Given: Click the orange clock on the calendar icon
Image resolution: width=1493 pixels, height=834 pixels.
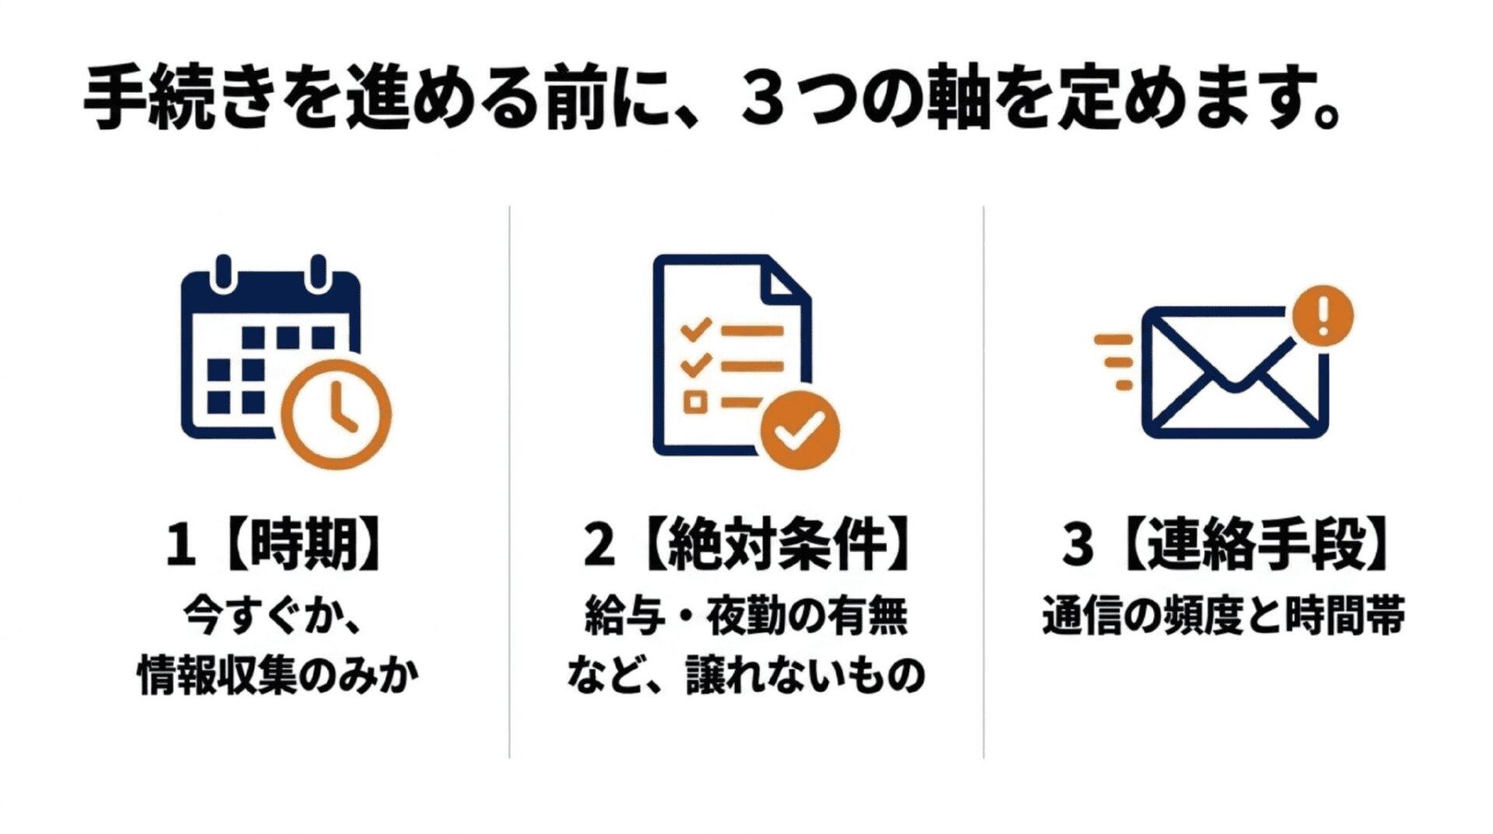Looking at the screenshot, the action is point(336,414).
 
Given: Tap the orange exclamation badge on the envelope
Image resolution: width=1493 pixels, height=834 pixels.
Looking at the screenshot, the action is point(1322,316).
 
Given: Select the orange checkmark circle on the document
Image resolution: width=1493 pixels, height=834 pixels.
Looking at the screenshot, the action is point(799,429).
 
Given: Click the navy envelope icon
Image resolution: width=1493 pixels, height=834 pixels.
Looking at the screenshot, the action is point(1235,372).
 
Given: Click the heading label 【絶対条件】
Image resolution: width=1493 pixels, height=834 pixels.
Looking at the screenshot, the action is point(778,544).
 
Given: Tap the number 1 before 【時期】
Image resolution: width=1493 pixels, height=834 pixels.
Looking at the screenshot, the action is point(180,545).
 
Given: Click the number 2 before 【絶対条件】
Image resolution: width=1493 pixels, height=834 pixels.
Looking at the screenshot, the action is point(600,545).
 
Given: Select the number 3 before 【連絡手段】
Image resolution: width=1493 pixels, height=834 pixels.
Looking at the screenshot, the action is point(1078,545).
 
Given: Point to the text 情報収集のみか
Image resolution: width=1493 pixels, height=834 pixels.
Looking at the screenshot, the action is point(278,675).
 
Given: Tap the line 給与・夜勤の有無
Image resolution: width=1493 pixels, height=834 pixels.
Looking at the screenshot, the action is point(746,616).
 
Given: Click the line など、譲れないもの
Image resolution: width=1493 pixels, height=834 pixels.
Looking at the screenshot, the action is point(746,675).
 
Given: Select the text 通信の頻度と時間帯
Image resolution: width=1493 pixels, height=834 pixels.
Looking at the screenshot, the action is point(1224,616).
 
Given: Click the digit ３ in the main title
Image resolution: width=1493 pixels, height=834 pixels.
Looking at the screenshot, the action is point(763,100).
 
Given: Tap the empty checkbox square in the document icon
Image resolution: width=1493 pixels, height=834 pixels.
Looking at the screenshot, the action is point(694,402).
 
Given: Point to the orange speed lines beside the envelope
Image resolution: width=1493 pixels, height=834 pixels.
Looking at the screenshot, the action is point(1114,362).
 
